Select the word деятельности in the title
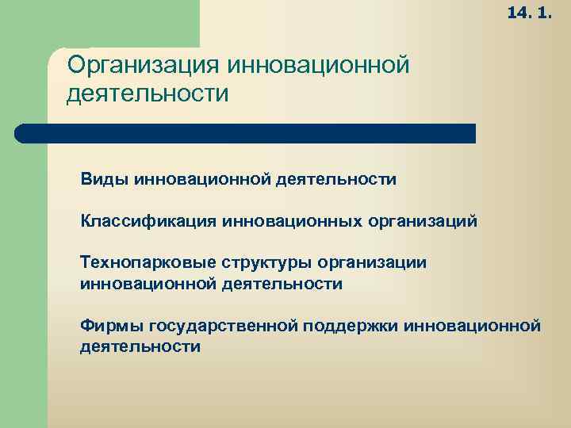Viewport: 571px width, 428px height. [148, 94]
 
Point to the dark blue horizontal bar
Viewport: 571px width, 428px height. [246, 133]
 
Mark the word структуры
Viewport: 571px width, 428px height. [269, 262]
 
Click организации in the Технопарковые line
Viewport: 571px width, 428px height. [373, 262]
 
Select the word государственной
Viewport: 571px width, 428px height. [218, 325]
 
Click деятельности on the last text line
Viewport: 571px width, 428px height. [140, 346]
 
